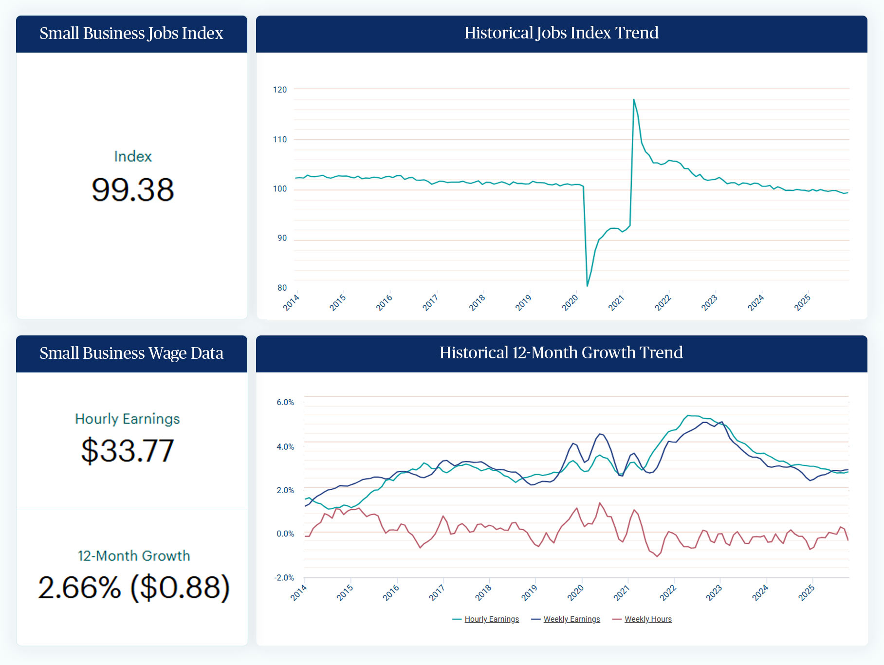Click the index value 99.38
pyautogui.click(x=132, y=189)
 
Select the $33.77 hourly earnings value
pyautogui.click(x=128, y=450)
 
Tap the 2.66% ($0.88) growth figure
pyautogui.click(x=134, y=588)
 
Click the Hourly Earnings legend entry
pyautogui.click(x=491, y=619)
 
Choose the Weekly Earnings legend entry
pyautogui.click(x=571, y=619)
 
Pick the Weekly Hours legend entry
pyautogui.click(x=648, y=619)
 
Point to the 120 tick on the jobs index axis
pyautogui.click(x=280, y=90)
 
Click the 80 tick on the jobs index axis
pyautogui.click(x=282, y=288)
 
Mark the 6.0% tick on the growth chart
pyautogui.click(x=285, y=403)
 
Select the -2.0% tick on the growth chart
pyautogui.click(x=284, y=578)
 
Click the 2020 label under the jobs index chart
pyautogui.click(x=570, y=302)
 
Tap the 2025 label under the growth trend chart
pyautogui.click(x=807, y=592)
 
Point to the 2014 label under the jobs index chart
pyautogui.click(x=291, y=302)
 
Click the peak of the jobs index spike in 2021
pyautogui.click(x=634, y=100)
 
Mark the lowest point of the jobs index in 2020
pyautogui.click(x=588, y=286)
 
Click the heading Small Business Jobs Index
pyautogui.click(x=131, y=34)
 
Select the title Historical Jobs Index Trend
pyautogui.click(x=561, y=33)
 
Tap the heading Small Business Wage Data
pyautogui.click(x=131, y=353)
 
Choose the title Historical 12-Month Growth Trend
pyautogui.click(x=561, y=353)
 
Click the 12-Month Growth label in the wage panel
pyautogui.click(x=134, y=556)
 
